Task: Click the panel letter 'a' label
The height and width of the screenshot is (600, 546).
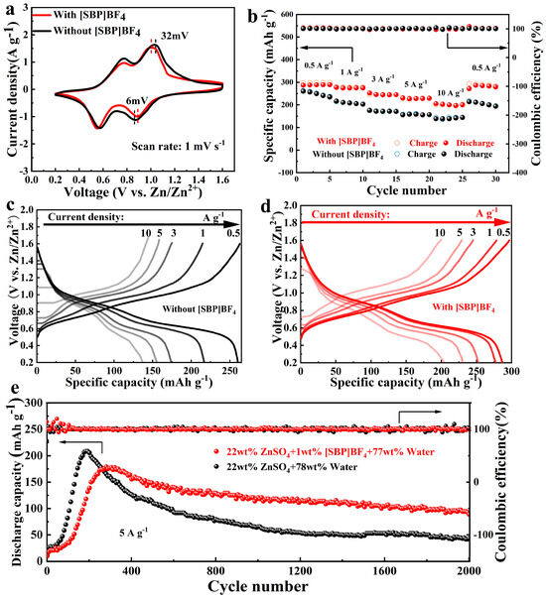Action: [8, 10]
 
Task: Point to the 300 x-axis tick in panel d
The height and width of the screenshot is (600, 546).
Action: [510, 377]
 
